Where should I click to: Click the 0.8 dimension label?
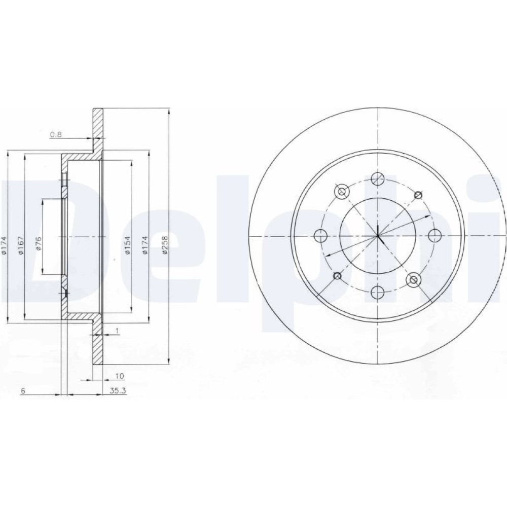tap(56, 134)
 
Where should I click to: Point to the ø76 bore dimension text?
tap(39, 243)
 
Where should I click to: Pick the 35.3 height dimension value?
tap(118, 391)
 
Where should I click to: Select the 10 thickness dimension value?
tap(120, 376)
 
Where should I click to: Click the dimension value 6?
tap(23, 391)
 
